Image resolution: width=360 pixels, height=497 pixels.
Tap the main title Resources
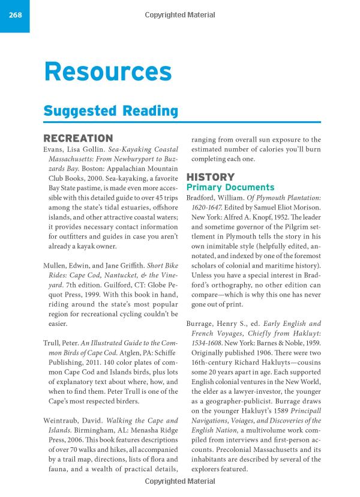[x=108, y=73]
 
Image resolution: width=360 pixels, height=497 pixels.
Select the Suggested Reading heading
[x=111, y=111]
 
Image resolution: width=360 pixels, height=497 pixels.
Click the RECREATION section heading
[x=78, y=139]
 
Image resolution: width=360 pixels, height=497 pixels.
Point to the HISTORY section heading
[x=210, y=177]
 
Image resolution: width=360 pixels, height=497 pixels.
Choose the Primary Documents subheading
[x=230, y=187]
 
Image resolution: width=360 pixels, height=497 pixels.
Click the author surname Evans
[x=56, y=149]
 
